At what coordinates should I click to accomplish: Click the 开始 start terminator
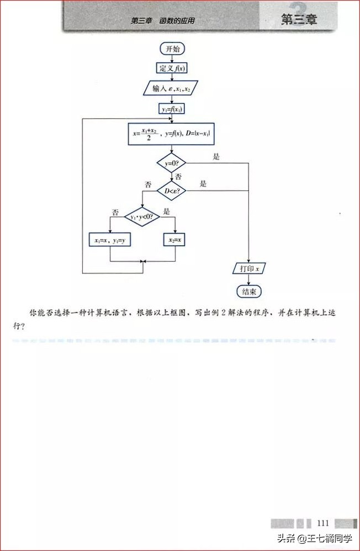[172, 49]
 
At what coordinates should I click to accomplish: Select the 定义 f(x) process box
[172, 68]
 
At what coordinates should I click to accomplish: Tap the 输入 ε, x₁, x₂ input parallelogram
[171, 88]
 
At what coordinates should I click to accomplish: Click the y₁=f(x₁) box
[172, 109]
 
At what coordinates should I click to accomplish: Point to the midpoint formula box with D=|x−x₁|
[172, 134]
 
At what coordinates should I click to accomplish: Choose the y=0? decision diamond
[172, 163]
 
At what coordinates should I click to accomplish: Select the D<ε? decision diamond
[172, 191]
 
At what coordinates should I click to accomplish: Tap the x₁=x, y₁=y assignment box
[110, 240]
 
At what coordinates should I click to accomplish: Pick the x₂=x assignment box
[176, 240]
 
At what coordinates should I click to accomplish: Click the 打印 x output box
[249, 269]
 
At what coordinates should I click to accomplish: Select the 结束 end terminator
[248, 292]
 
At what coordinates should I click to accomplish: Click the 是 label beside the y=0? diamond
[216, 157]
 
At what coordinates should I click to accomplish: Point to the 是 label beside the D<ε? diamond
[203, 184]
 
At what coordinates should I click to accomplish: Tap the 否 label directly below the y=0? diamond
[178, 177]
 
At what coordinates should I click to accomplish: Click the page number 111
[324, 523]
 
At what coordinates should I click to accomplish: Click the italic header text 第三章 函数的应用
[162, 21]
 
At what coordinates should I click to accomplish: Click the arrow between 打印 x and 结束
[248, 280]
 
